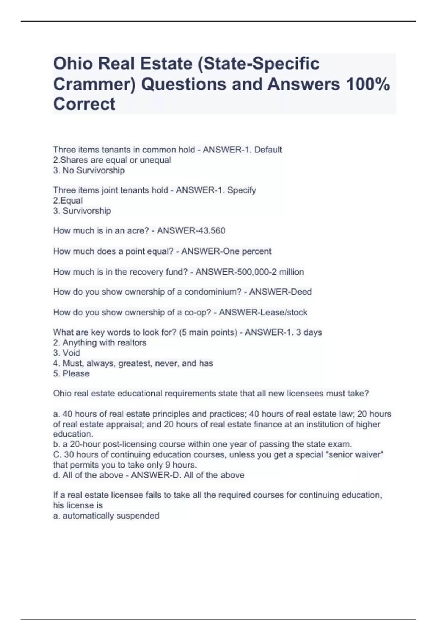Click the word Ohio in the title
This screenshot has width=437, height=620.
point(72,64)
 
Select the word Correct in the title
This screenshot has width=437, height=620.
point(84,104)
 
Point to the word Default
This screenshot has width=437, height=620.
point(268,150)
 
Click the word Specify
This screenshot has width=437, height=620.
point(241,190)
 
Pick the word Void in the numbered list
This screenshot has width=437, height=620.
point(71,353)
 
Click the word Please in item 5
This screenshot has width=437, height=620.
point(76,373)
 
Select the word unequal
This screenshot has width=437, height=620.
point(158,160)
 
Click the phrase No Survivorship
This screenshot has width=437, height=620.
point(94,170)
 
